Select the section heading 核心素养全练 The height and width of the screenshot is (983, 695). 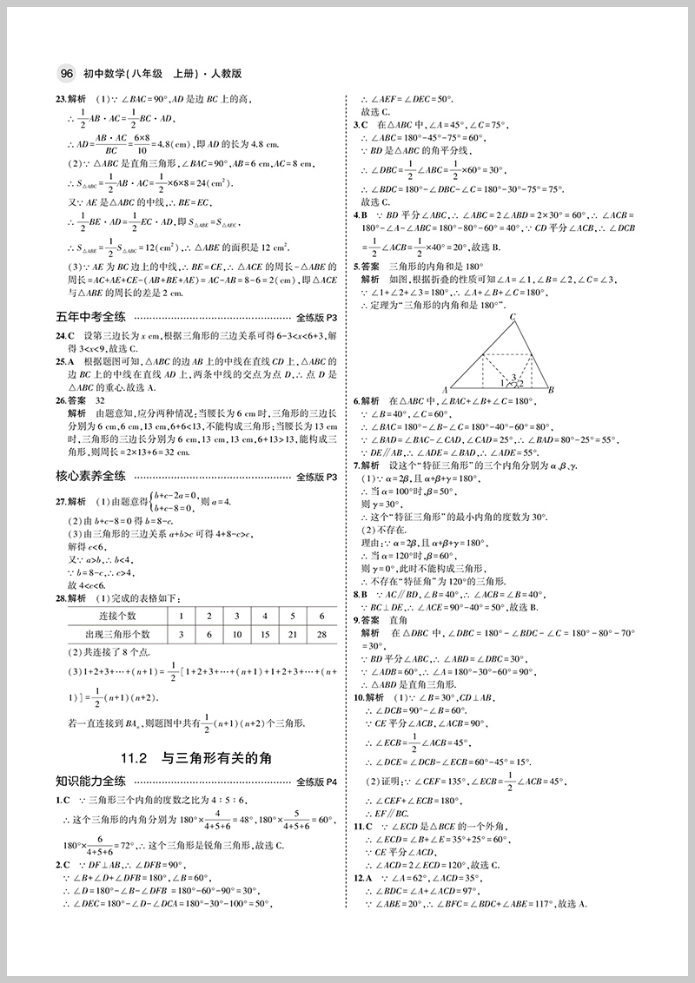click(x=90, y=476)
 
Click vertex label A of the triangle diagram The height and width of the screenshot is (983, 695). click(x=445, y=390)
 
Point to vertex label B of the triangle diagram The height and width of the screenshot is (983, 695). click(x=551, y=390)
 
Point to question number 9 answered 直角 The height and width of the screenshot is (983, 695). click(x=356, y=621)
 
